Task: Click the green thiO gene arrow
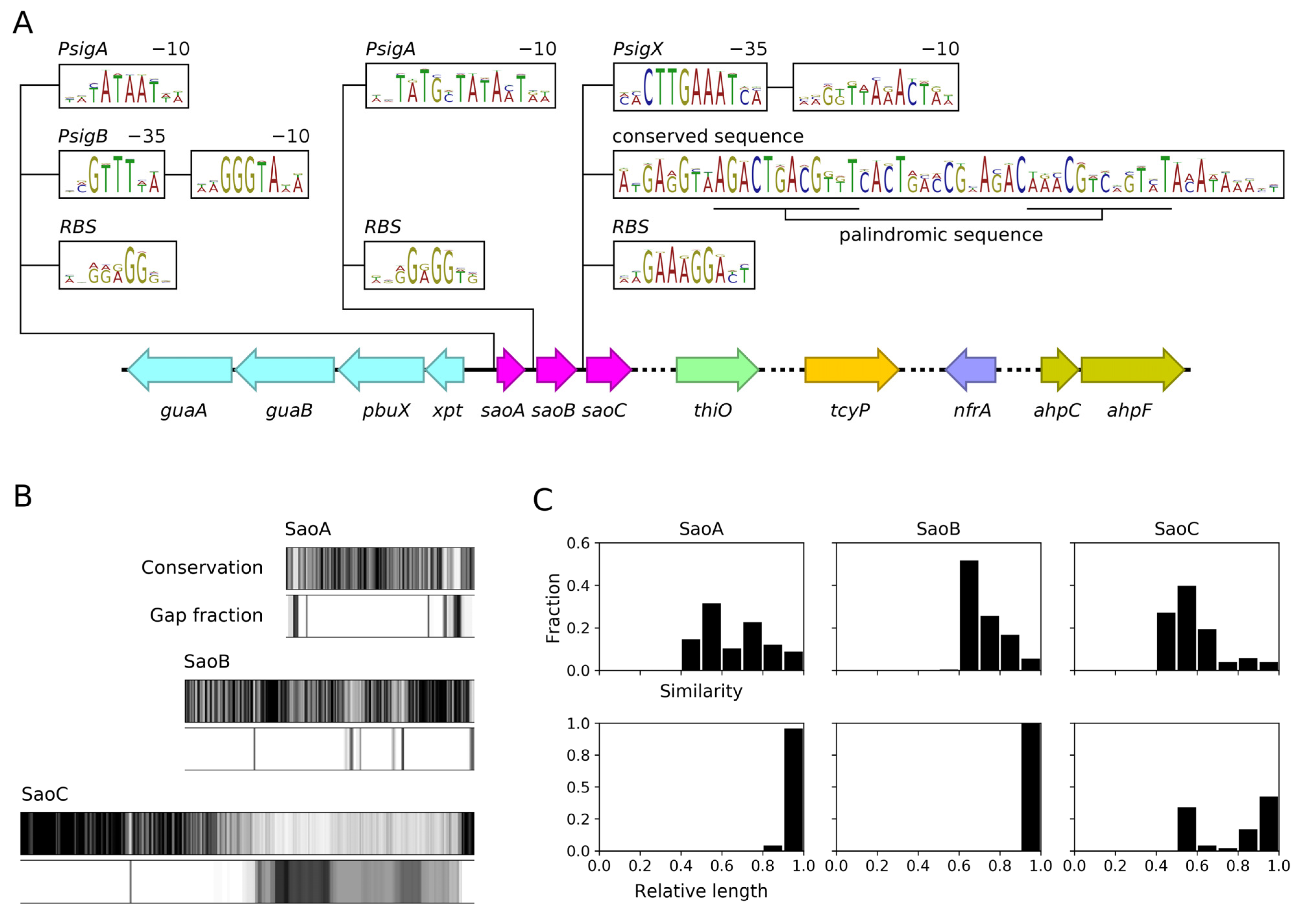[x=716, y=370]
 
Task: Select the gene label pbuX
[x=386, y=410]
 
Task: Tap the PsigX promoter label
[x=637, y=50]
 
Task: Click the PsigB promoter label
[x=83, y=137]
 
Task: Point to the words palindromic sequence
[x=940, y=235]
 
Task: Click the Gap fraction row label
[x=206, y=615]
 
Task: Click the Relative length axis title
[x=701, y=890]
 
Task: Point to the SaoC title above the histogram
[x=1176, y=529]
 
